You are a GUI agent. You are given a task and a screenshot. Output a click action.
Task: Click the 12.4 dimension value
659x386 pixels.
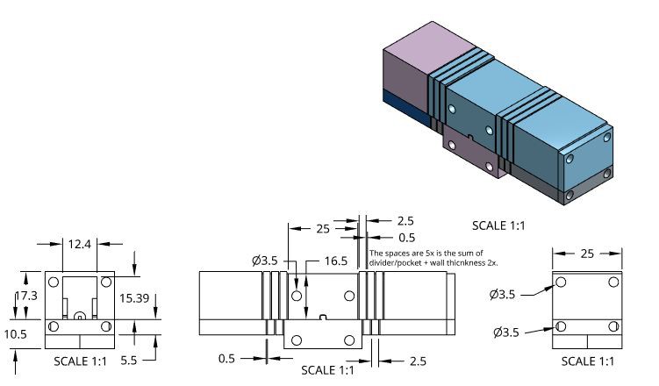(80, 244)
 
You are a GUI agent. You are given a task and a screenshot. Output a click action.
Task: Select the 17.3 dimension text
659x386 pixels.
(27, 296)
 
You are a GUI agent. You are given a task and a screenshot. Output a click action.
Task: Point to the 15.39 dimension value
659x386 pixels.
(134, 298)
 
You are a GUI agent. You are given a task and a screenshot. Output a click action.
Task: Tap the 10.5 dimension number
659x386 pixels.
(16, 334)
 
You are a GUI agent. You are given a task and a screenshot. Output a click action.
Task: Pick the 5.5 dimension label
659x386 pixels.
(129, 361)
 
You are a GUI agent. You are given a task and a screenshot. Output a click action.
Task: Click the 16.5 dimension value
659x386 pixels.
(336, 261)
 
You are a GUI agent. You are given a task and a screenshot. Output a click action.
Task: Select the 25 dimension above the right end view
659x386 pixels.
(587, 254)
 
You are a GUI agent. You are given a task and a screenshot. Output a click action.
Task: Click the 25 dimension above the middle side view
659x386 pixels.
(323, 229)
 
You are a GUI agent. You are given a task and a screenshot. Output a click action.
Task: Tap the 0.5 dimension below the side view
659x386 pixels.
(226, 359)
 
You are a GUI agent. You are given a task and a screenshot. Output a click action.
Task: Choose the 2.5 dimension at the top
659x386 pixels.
(405, 221)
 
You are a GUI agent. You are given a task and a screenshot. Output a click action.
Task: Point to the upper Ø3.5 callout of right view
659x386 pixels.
(502, 294)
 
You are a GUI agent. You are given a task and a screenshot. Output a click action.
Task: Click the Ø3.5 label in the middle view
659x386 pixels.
(265, 261)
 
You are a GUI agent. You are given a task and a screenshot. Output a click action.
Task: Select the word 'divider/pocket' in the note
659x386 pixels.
(390, 263)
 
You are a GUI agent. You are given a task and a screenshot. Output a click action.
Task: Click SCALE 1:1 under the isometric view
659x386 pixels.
(498, 225)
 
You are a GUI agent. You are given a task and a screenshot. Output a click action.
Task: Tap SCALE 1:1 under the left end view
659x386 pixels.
(80, 361)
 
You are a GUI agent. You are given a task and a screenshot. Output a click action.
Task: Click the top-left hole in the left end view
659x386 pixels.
(54, 282)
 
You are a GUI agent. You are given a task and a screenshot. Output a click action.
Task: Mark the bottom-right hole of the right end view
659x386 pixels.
(613, 326)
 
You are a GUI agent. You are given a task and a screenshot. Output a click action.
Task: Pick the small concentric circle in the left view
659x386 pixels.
(80, 317)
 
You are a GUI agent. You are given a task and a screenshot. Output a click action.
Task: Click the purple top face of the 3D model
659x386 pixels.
(432, 47)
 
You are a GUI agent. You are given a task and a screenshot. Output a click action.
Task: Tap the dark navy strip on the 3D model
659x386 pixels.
(407, 107)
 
